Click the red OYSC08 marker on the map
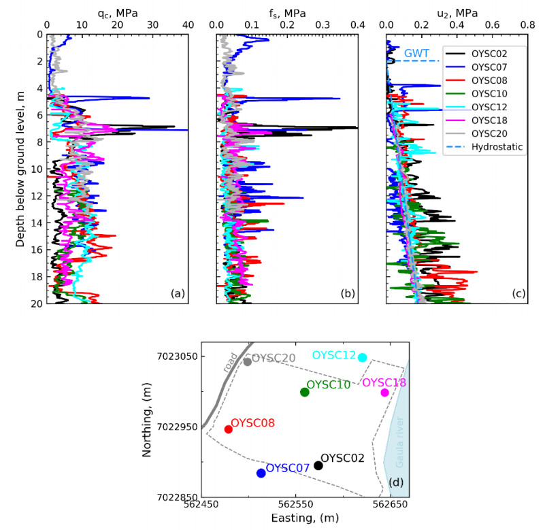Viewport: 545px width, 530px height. [229, 429]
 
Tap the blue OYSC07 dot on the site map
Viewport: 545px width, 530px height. [261, 473]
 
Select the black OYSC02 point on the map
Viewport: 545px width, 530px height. [318, 465]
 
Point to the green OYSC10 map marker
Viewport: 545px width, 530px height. [305, 392]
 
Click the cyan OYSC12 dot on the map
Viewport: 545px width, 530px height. [363, 357]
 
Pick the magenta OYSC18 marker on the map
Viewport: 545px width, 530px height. [385, 392]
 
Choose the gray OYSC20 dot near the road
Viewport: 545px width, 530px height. [248, 361]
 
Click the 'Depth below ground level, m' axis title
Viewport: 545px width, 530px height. [20, 168]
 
